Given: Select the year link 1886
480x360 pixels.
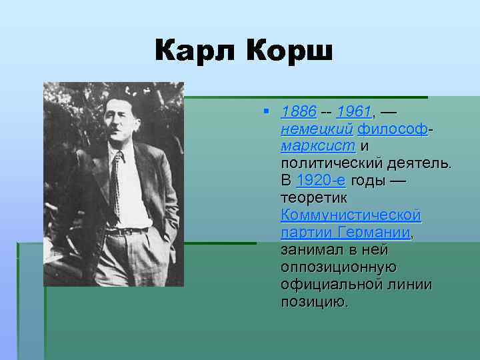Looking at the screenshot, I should coord(299,110).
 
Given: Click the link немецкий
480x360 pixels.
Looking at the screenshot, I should coord(317,128).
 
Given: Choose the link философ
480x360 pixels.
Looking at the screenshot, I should coord(392,128).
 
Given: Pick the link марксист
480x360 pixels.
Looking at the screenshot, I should coord(319,145).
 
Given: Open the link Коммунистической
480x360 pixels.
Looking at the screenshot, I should coord(351,215).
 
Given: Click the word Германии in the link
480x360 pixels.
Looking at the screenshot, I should coord(374,233).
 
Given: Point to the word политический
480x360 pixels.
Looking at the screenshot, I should coord(333,163).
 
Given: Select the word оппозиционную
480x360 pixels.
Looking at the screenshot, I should coord(339,267).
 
